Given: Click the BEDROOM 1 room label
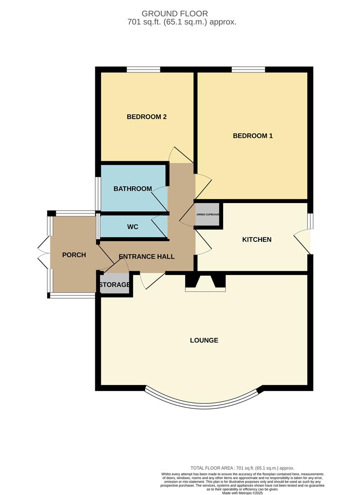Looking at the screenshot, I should coord(253,136).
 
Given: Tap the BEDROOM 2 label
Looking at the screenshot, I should coord(147,117).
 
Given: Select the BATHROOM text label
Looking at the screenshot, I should coord(132,189).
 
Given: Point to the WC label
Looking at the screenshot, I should coord(133,227).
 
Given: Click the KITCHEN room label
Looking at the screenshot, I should coord(257,240).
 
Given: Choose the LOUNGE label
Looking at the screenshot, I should coord(204,341).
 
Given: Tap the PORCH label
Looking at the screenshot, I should coord(74,255).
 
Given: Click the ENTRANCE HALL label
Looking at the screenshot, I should coord(147,257).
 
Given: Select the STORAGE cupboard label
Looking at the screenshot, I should coord(115,285).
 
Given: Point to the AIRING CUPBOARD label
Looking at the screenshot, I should coord(208,214).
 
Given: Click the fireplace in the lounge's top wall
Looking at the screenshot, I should coord(205,282).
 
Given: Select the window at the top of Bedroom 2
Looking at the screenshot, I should coord(143,70).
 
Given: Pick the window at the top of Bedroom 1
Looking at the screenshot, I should coord(248,70).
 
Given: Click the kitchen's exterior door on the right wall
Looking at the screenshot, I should coord(303,241).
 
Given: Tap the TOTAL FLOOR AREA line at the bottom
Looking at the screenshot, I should coord(242,468).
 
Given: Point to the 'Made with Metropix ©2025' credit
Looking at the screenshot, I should coord(242,493).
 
